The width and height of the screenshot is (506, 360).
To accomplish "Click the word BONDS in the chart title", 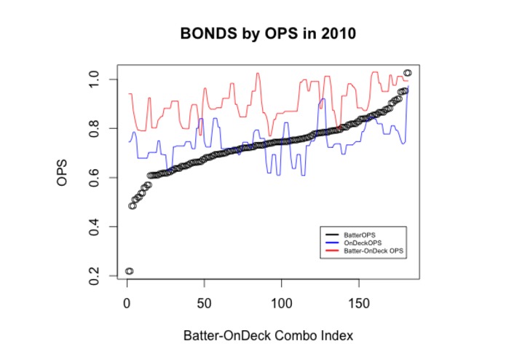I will pos(205,34).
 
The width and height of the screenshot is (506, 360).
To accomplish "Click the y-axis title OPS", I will pos(63,177).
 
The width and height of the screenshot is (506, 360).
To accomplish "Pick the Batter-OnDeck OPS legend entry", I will pos(373,250).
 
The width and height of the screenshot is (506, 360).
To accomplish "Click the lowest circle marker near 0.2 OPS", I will pos(129,271).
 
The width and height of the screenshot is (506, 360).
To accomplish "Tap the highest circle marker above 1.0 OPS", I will pos(408,73).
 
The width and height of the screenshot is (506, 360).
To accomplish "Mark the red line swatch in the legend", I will pos(331,250).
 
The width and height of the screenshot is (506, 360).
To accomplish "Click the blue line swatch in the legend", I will pos(331,242).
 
